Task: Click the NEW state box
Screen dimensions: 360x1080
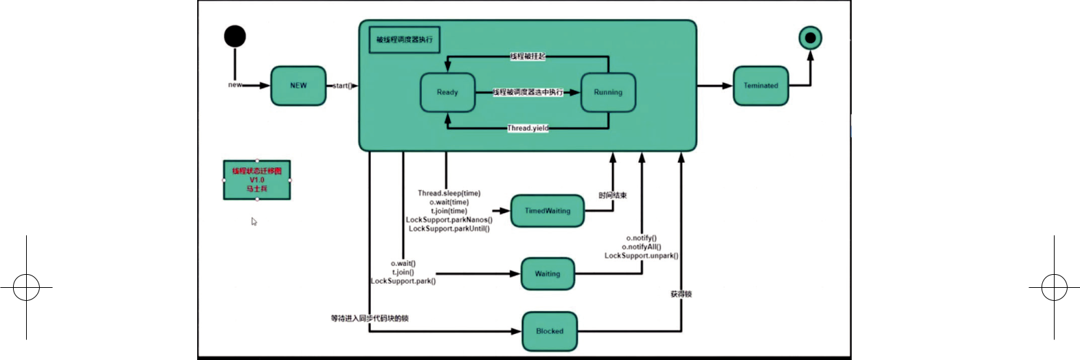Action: click(x=298, y=86)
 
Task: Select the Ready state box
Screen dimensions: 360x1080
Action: click(x=447, y=92)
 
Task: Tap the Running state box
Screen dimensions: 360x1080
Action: click(x=608, y=92)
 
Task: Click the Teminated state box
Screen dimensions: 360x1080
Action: click(x=761, y=86)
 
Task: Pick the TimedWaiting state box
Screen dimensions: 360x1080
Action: click(x=548, y=211)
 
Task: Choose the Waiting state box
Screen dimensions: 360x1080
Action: click(x=548, y=273)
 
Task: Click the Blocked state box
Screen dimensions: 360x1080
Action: click(x=550, y=331)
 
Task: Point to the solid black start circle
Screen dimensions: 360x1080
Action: click(x=235, y=36)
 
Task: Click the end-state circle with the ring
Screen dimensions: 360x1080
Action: click(x=810, y=38)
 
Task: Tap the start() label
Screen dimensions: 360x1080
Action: click(x=342, y=86)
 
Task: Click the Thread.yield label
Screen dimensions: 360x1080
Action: click(x=528, y=128)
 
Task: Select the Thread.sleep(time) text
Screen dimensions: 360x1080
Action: click(x=449, y=193)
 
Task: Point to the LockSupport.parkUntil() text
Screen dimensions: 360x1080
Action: click(x=449, y=229)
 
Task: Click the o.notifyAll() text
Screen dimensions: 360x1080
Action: click(x=642, y=247)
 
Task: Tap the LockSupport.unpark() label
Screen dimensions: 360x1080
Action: click(x=642, y=256)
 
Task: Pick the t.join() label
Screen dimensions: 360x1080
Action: click(x=403, y=272)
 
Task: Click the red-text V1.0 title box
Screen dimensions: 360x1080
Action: click(x=257, y=180)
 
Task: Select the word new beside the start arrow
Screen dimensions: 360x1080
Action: click(x=235, y=85)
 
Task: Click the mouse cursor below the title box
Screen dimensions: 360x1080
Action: click(x=254, y=221)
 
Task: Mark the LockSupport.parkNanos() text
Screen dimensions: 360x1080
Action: click(x=449, y=220)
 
